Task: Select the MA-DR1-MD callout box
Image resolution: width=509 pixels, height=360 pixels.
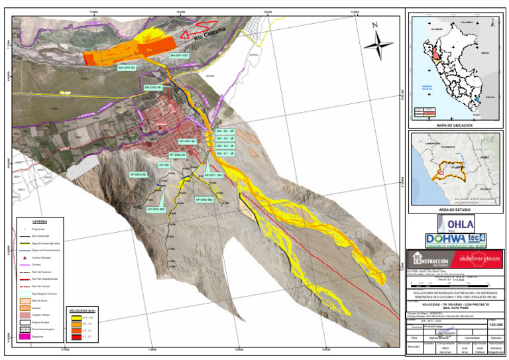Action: pyautogui.click(x=180, y=56)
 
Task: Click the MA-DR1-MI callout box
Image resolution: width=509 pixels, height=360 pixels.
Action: pyautogui.click(x=127, y=68)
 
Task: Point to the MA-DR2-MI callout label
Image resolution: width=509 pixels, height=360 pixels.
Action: pyautogui.click(x=152, y=87)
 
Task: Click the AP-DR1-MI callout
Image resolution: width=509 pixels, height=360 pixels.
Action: pyautogui.click(x=187, y=141)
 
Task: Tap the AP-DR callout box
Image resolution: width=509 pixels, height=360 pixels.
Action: pyautogui.click(x=164, y=164)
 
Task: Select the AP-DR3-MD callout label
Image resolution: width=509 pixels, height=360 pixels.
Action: pyautogui.click(x=155, y=209)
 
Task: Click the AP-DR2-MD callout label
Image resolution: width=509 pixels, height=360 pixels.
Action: pyautogui.click(x=203, y=199)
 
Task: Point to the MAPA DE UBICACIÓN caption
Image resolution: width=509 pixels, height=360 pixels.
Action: pyautogui.click(x=454, y=123)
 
